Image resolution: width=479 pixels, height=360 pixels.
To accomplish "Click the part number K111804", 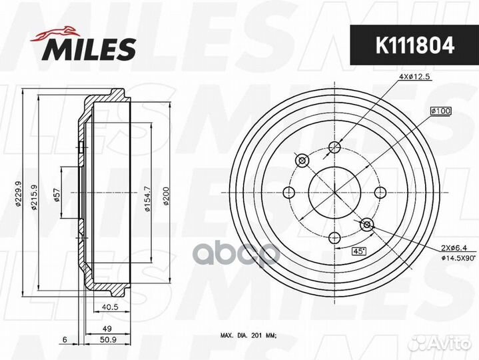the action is [415, 45].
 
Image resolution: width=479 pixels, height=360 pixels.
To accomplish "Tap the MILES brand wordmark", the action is [89, 49].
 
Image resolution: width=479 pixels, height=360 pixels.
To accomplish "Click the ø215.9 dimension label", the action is [34, 197].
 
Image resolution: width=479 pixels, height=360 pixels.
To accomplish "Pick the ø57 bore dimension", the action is [57, 195].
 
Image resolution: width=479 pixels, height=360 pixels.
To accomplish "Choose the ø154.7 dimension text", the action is [147, 199].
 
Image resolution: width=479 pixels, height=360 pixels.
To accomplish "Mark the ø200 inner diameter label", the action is [166, 196].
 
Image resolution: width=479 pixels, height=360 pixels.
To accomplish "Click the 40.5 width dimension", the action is [111, 307].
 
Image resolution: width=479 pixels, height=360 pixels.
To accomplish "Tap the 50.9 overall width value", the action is [109, 339].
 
